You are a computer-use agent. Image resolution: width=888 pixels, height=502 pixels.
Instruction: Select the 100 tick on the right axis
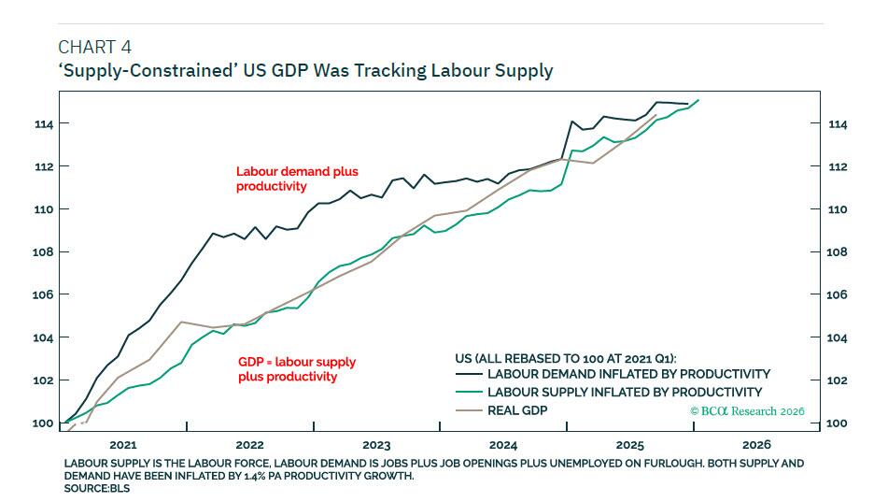[x=837, y=423]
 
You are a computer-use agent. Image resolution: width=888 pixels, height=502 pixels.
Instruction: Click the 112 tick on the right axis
[x=837, y=166]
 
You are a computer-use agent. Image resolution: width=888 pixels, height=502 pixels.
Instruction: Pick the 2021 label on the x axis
[x=123, y=445]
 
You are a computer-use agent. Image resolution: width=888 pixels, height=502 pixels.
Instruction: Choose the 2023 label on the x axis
[x=376, y=445]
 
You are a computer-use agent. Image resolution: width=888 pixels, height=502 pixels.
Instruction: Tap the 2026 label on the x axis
[x=756, y=445]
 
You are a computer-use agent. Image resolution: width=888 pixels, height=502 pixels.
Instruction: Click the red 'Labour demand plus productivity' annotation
[x=296, y=179]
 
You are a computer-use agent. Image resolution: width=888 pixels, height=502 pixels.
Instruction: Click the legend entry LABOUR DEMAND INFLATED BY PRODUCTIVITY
[x=628, y=374]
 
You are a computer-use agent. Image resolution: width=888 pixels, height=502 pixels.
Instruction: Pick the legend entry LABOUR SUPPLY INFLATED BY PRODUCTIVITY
[x=625, y=393]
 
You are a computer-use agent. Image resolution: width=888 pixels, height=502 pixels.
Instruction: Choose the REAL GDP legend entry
[x=517, y=410]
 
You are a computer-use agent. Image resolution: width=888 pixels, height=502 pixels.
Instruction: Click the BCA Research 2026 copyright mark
[x=746, y=411]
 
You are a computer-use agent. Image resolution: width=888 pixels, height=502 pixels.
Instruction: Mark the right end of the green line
[x=698, y=100]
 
